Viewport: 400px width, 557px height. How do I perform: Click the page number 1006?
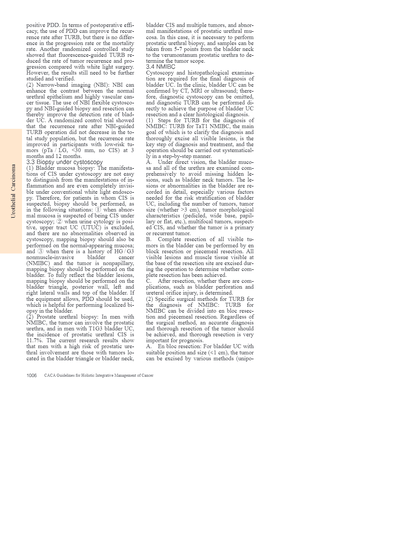32,375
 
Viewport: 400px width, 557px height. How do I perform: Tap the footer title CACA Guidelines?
99,375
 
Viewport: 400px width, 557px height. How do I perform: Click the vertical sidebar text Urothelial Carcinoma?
13,191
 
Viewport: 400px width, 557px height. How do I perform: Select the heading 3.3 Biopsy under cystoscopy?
64,162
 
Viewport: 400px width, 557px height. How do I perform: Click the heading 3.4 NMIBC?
161,67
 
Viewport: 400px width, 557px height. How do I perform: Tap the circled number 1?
98,210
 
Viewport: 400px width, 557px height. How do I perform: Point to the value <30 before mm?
78,150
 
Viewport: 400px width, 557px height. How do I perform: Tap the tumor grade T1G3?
98,328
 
